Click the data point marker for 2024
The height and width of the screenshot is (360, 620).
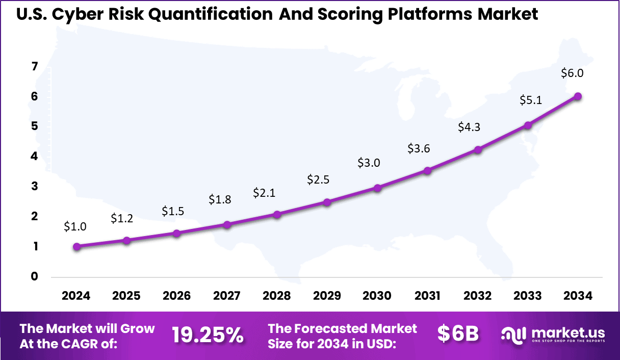pyautogui.click(x=76, y=247)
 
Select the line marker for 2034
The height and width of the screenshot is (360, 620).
pyautogui.click(x=578, y=96)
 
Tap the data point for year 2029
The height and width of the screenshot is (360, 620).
pyautogui.click(x=327, y=202)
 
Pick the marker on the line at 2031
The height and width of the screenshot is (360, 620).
pyautogui.click(x=427, y=171)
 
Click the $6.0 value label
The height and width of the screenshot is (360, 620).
pyautogui.click(x=572, y=73)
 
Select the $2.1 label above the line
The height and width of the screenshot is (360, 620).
pyautogui.click(x=264, y=193)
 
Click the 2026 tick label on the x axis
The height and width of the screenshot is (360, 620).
pyautogui.click(x=176, y=296)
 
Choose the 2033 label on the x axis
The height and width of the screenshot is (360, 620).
pyautogui.click(x=528, y=296)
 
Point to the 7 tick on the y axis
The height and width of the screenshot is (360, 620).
pyautogui.click(x=34, y=66)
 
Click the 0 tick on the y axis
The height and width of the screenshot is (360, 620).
pyautogui.click(x=34, y=277)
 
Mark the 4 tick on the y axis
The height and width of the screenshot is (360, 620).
pyautogui.click(x=34, y=157)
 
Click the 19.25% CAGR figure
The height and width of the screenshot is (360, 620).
pyautogui.click(x=207, y=335)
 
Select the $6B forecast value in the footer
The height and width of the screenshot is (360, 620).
pyautogui.click(x=458, y=334)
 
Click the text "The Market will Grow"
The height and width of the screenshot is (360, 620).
pyautogui.click(x=87, y=328)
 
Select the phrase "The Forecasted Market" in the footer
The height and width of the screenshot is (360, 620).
pyautogui.click(x=342, y=328)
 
